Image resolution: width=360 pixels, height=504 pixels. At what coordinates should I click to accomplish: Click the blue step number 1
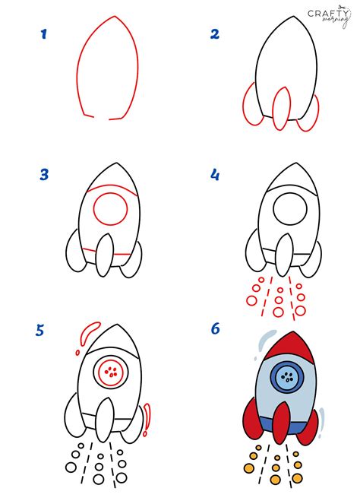[44, 33]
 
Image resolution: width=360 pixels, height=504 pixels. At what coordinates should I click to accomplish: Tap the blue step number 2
[215, 33]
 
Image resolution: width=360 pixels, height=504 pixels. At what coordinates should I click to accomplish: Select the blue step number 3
[44, 175]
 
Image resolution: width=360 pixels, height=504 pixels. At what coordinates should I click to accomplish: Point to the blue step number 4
[215, 176]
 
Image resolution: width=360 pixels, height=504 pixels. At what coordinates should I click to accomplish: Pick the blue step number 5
[40, 330]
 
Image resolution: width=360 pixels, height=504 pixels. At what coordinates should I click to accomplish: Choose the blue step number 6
[216, 329]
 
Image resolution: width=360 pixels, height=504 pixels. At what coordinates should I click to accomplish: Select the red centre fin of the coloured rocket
[281, 424]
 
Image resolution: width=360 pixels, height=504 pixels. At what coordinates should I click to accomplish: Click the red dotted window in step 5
[112, 372]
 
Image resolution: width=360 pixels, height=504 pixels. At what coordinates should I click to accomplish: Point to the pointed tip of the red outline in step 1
[112, 17]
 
